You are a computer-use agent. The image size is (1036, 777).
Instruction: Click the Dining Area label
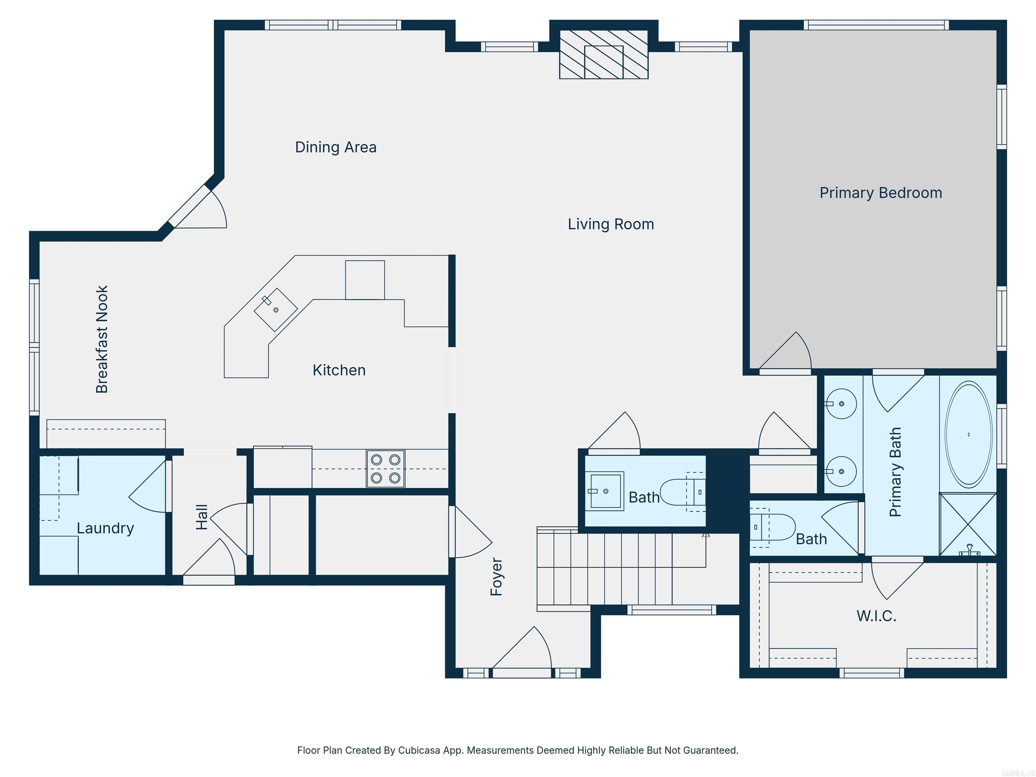coord(335,147)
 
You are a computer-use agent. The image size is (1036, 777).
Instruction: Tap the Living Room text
coord(611,224)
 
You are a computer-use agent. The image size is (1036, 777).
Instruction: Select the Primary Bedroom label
coord(881,193)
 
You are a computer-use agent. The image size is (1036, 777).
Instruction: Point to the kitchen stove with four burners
coord(385,468)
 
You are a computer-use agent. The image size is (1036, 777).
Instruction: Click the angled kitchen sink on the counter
coord(276,309)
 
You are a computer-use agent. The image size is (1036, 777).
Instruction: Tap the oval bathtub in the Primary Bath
coord(968,434)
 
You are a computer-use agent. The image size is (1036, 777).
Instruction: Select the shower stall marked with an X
coord(968,524)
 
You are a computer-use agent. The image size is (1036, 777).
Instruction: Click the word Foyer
coord(496,577)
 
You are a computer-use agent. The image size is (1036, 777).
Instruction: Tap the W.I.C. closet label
coord(876,615)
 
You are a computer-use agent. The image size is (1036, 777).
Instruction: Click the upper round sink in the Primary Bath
coord(841,403)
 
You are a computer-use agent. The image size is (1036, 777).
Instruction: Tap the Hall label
coord(201,517)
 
